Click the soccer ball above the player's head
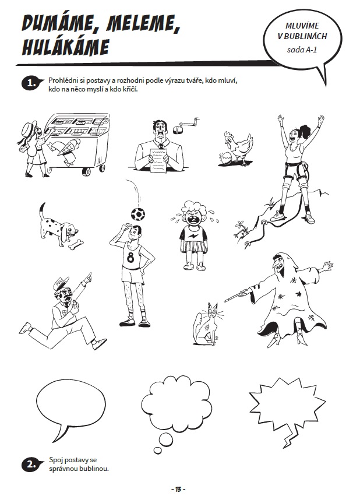tap(138, 214)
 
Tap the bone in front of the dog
tap(76, 244)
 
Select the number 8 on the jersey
tap(130, 257)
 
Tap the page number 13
tap(178, 490)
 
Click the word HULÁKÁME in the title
tap(65, 47)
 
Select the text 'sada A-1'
tap(302, 50)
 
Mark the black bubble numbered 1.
tap(31, 83)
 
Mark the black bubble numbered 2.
tap(31, 465)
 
